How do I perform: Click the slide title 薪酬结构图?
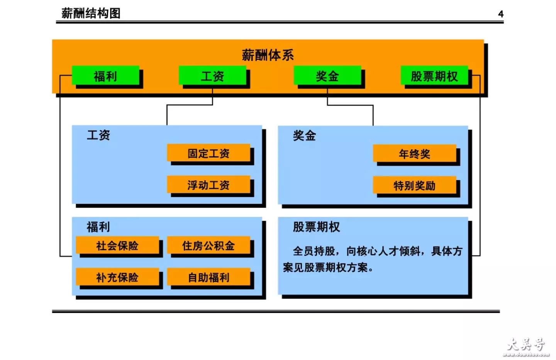[91, 13]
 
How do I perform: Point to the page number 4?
[501, 14]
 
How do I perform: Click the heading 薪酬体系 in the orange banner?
[268, 55]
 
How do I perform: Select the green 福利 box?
[105, 75]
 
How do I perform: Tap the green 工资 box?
[212, 75]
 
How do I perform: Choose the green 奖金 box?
[327, 75]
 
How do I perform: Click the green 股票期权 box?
[434, 75]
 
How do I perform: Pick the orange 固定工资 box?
[208, 153]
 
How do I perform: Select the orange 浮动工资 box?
[208, 185]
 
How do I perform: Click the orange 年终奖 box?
[415, 153]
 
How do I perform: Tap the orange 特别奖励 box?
[415, 185]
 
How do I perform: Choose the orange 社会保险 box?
[117, 245]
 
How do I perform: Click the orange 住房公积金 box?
[208, 245]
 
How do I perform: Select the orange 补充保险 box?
[117, 277]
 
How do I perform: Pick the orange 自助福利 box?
[208, 277]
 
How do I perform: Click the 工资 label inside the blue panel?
[98, 135]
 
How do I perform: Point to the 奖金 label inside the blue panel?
[304, 136]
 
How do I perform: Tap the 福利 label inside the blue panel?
[98, 227]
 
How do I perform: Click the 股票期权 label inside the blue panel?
[316, 227]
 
